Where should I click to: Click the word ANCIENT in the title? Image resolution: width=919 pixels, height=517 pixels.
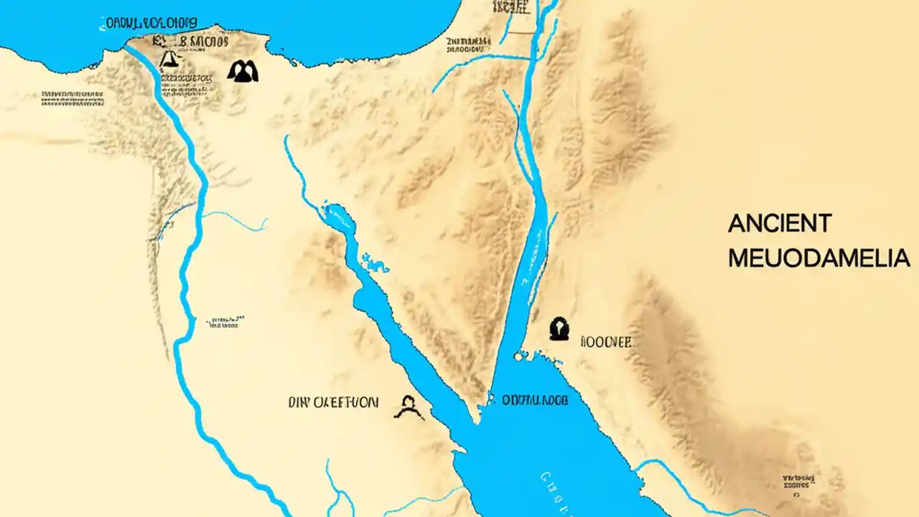tap(779, 224)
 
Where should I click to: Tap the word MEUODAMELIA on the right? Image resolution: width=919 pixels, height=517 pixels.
tap(818, 258)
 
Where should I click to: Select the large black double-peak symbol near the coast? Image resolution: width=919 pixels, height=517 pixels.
tap(242, 70)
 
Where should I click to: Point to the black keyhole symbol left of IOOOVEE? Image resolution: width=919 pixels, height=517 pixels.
tap(559, 329)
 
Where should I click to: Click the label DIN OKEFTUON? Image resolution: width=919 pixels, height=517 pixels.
tap(332, 402)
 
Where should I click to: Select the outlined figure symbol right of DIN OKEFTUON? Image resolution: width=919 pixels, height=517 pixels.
tap(409, 408)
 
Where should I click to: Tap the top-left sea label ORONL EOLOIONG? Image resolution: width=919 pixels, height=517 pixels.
tap(151, 23)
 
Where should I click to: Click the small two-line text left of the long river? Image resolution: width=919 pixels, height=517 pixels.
tap(224, 320)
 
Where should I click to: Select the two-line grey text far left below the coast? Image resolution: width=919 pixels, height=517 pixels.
tap(72, 98)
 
